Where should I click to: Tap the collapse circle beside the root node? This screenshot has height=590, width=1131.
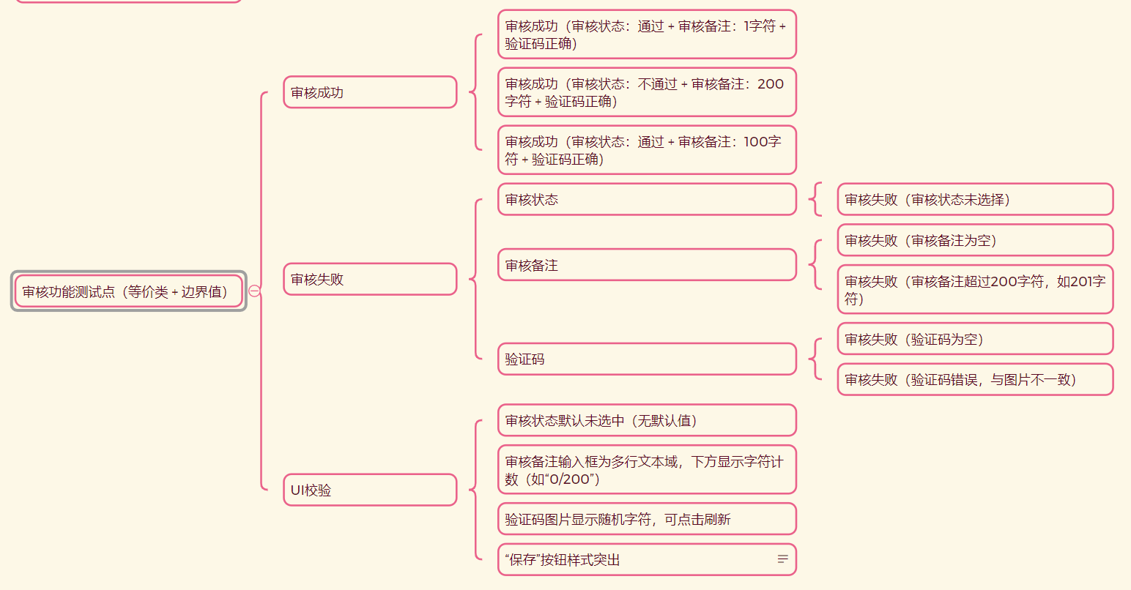[254, 291]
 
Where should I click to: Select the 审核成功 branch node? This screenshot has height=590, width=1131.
[370, 92]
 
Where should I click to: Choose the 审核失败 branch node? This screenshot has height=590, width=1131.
[370, 279]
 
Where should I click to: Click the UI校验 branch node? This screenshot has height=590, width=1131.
[370, 490]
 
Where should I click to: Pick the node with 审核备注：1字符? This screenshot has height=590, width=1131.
[647, 34]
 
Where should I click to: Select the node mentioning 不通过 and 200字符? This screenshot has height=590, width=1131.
[647, 92]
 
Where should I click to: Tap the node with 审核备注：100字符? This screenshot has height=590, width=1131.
[647, 150]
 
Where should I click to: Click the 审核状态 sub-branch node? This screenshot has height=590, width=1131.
[647, 199]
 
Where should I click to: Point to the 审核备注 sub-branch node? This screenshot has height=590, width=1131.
[647, 265]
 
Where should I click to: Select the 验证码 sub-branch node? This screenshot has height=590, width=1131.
[647, 359]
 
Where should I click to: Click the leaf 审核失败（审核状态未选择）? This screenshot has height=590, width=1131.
[975, 199]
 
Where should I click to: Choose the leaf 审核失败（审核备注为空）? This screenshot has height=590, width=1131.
[975, 240]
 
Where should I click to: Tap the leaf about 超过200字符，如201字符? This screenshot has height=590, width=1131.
[975, 289]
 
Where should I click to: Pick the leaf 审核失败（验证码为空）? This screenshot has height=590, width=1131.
[975, 339]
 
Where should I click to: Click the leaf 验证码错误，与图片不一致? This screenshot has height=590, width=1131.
[975, 379]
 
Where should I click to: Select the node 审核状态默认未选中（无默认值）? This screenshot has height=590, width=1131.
[647, 420]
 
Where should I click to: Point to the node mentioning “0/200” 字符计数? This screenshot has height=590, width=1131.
[647, 470]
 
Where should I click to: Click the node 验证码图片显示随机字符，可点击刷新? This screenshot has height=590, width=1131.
[647, 519]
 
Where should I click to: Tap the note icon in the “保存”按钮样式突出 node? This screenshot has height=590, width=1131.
[782, 559]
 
